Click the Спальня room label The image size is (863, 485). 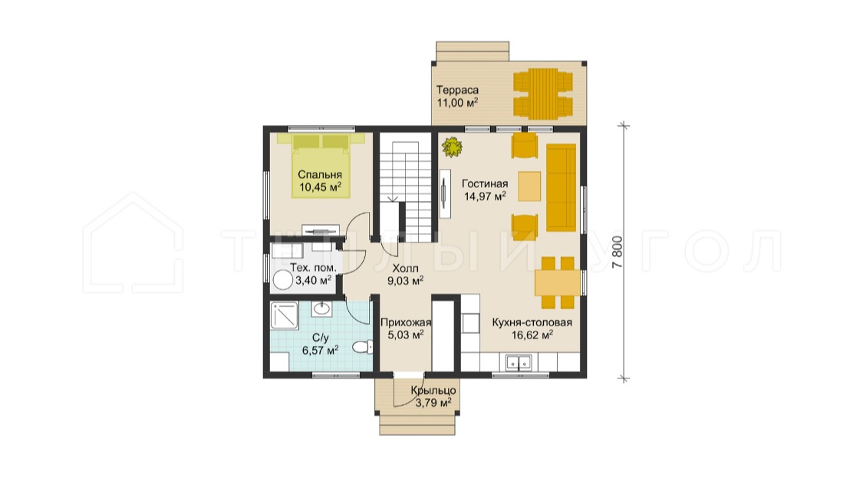click(x=320, y=174)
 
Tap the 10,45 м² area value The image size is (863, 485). click(x=320, y=187)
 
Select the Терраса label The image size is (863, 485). click(x=457, y=90)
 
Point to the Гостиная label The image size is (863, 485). click(x=485, y=183)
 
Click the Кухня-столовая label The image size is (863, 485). click(x=532, y=322)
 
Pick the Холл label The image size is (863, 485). click(x=405, y=268)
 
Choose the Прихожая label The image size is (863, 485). click(x=406, y=322)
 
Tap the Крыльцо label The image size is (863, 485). click(x=433, y=391)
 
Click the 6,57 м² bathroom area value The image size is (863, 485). click(x=320, y=350)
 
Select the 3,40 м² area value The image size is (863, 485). click(x=313, y=280)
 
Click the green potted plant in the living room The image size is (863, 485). click(x=452, y=147)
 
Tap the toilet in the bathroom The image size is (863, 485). click(x=363, y=347)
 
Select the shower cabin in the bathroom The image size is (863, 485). click(x=284, y=315)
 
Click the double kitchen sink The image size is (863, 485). click(x=519, y=362)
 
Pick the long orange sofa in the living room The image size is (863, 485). click(x=561, y=187)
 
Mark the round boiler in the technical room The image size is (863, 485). click(x=282, y=281)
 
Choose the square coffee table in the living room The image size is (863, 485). click(x=529, y=186)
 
